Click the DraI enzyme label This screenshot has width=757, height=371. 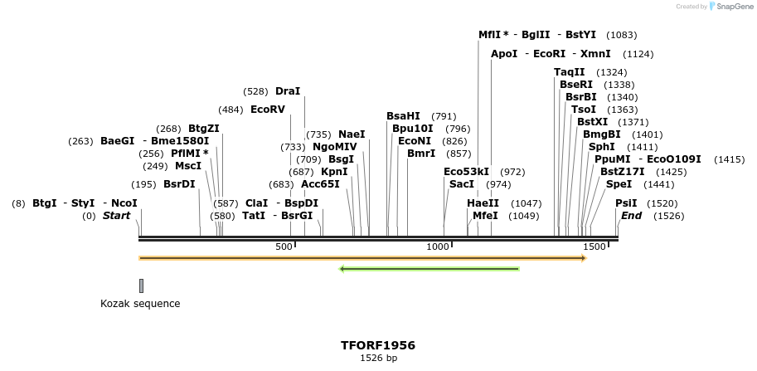288,90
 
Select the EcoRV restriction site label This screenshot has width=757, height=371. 267,110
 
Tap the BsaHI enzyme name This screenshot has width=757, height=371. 403,116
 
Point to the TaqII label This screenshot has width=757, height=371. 570,72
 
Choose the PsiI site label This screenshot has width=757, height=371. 626,203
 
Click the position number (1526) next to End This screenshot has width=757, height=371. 668,216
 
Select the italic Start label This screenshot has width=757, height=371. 117,216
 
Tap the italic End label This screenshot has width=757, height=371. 631,216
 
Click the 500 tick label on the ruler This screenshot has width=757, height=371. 284,247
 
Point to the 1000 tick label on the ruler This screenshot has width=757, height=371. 438,247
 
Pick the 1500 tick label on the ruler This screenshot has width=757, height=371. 594,247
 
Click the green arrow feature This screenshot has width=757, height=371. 429,269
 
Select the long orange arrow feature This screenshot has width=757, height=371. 362,258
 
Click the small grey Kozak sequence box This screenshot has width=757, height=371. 141,286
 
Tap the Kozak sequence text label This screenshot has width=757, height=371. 140,304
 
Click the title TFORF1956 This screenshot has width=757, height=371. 378,344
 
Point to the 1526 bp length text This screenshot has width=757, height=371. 378,359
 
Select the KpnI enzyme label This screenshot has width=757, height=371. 334,171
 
